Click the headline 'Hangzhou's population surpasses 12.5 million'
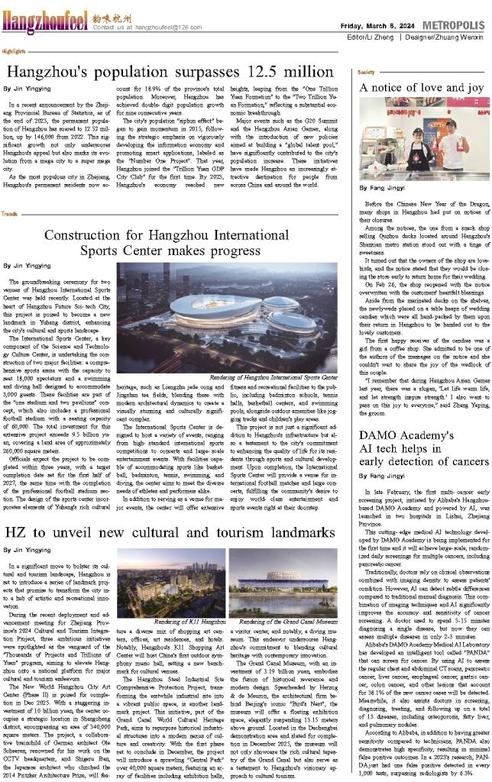(x=173, y=73)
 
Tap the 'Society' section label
(x=366, y=71)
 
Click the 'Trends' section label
(x=9, y=215)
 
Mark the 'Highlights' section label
(x=12, y=50)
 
